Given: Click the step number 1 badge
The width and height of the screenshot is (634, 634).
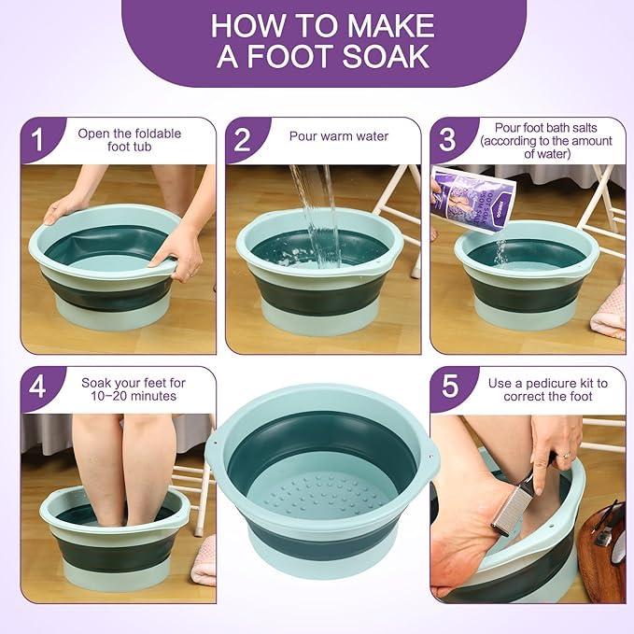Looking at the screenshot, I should (x=37, y=141).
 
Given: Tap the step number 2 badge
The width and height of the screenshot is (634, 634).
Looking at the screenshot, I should (x=242, y=141).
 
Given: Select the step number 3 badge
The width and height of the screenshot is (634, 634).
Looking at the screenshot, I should (x=447, y=141).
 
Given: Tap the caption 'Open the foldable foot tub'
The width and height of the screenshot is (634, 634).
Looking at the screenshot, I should (x=131, y=140).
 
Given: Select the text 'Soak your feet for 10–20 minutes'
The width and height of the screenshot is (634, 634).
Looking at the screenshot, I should (x=129, y=389).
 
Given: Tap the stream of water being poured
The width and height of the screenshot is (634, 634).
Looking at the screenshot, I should (x=316, y=215).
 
